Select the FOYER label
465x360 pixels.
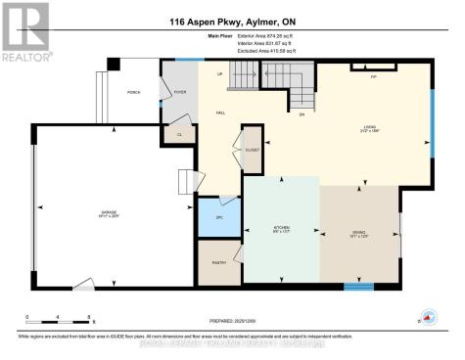(x=179, y=92)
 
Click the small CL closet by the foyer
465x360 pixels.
(x=179, y=135)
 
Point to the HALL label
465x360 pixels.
(x=221, y=112)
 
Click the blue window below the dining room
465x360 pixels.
(x=358, y=287)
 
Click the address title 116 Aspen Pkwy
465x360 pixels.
(x=232, y=22)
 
